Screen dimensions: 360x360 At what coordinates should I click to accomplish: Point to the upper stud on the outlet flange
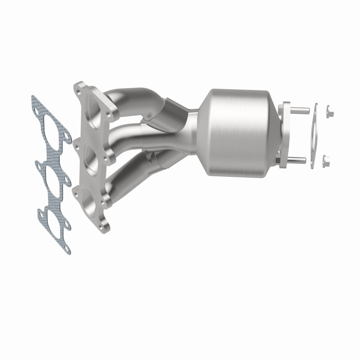pyautogui.click(x=300, y=109)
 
